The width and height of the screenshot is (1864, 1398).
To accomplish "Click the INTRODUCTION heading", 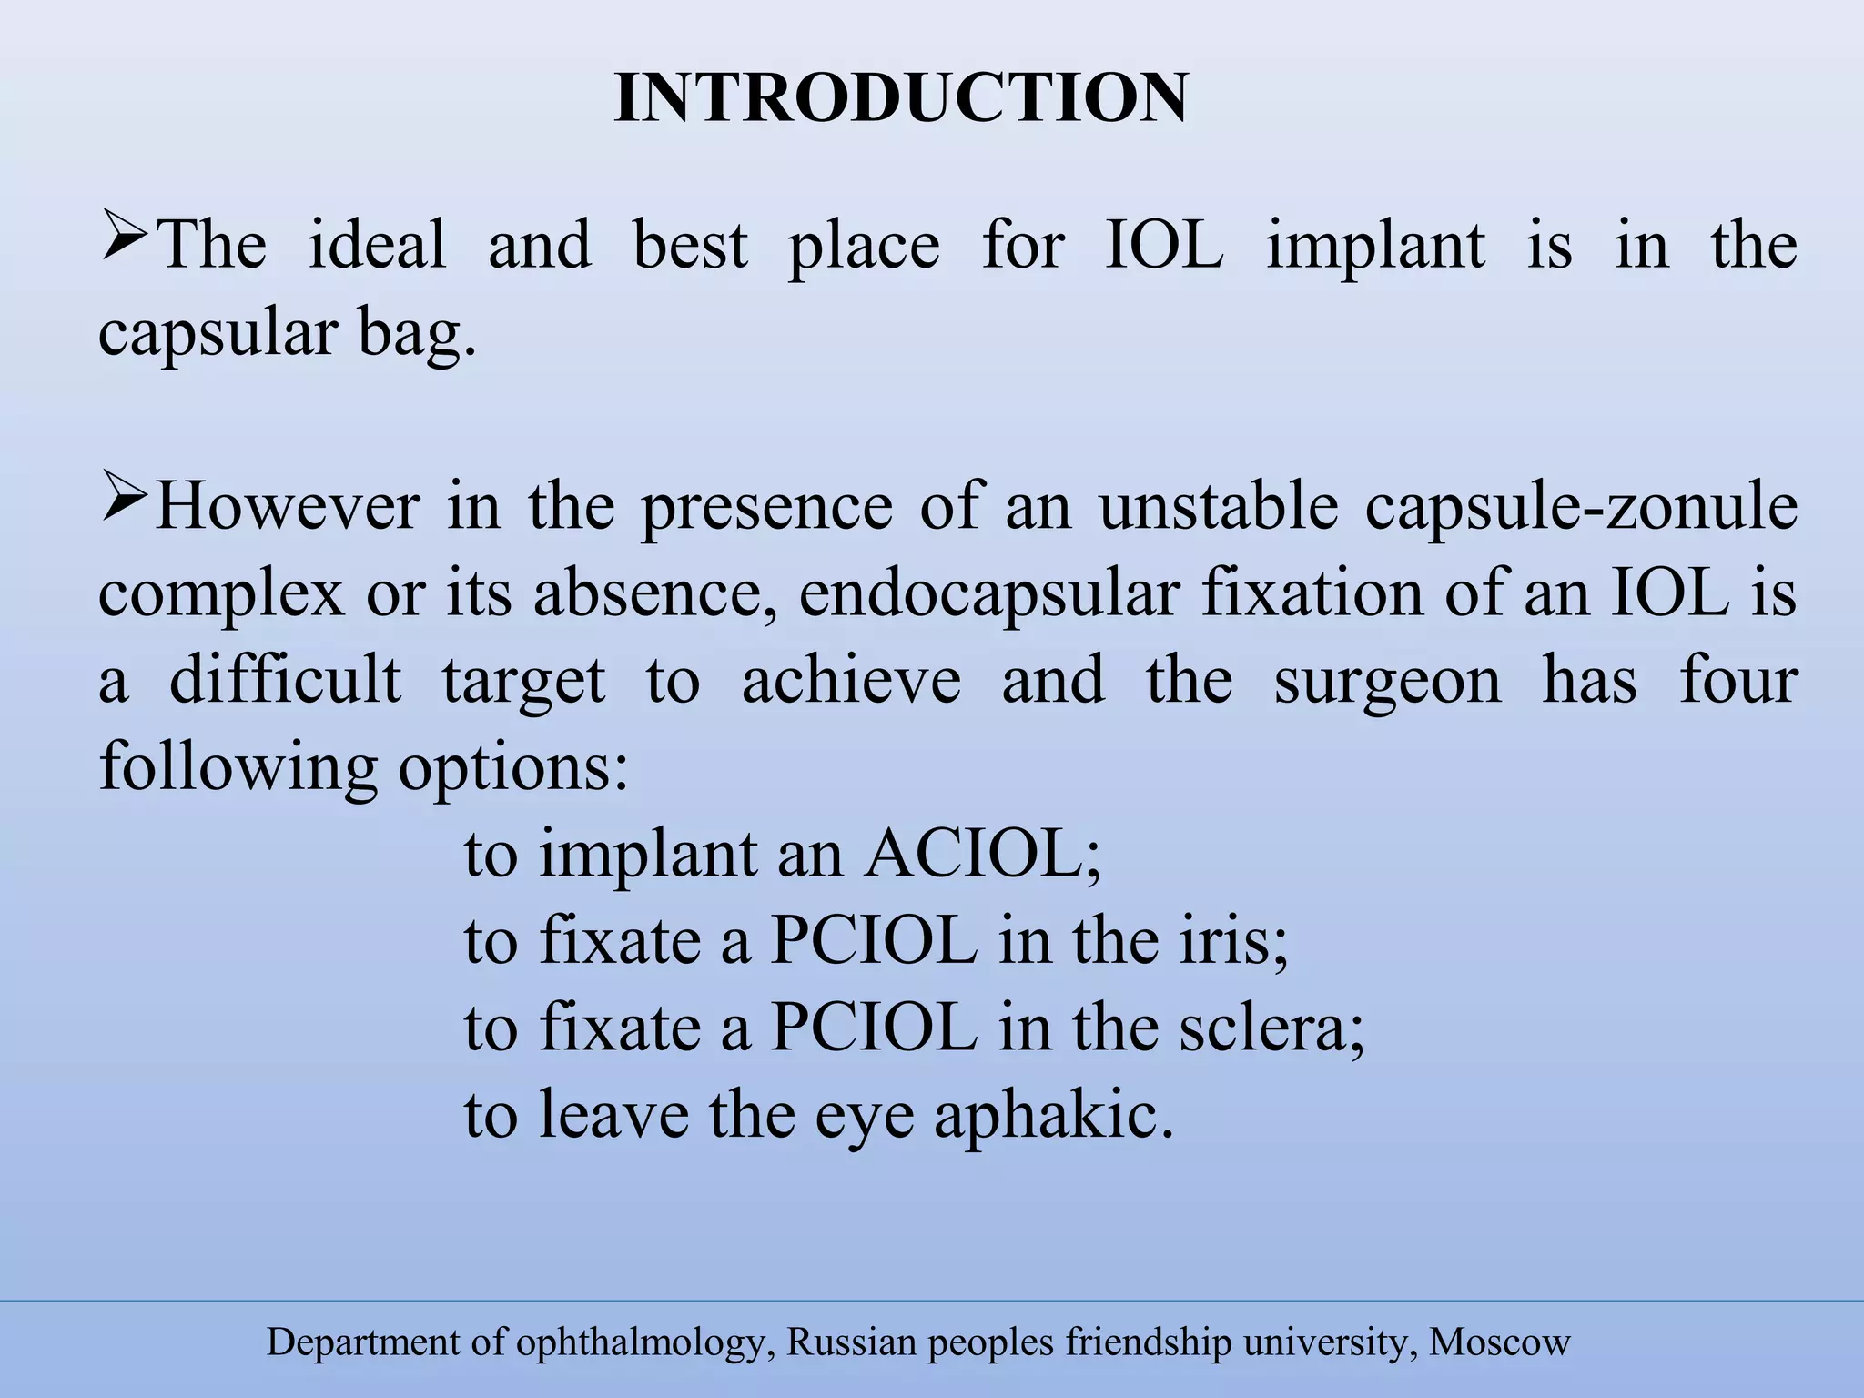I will tap(901, 98).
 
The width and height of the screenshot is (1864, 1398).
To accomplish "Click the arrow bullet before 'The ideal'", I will tap(125, 235).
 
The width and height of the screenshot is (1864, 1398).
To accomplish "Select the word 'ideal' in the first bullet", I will tap(377, 246).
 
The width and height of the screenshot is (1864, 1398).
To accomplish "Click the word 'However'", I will tap(288, 506).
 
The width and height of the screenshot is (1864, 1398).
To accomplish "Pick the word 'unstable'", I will tap(1218, 506).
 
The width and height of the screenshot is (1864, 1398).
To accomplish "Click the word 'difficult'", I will tap(285, 680).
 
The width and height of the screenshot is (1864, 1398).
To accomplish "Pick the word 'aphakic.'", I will tap(1054, 1115).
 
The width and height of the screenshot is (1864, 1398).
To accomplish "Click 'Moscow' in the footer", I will tap(1500, 1342).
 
